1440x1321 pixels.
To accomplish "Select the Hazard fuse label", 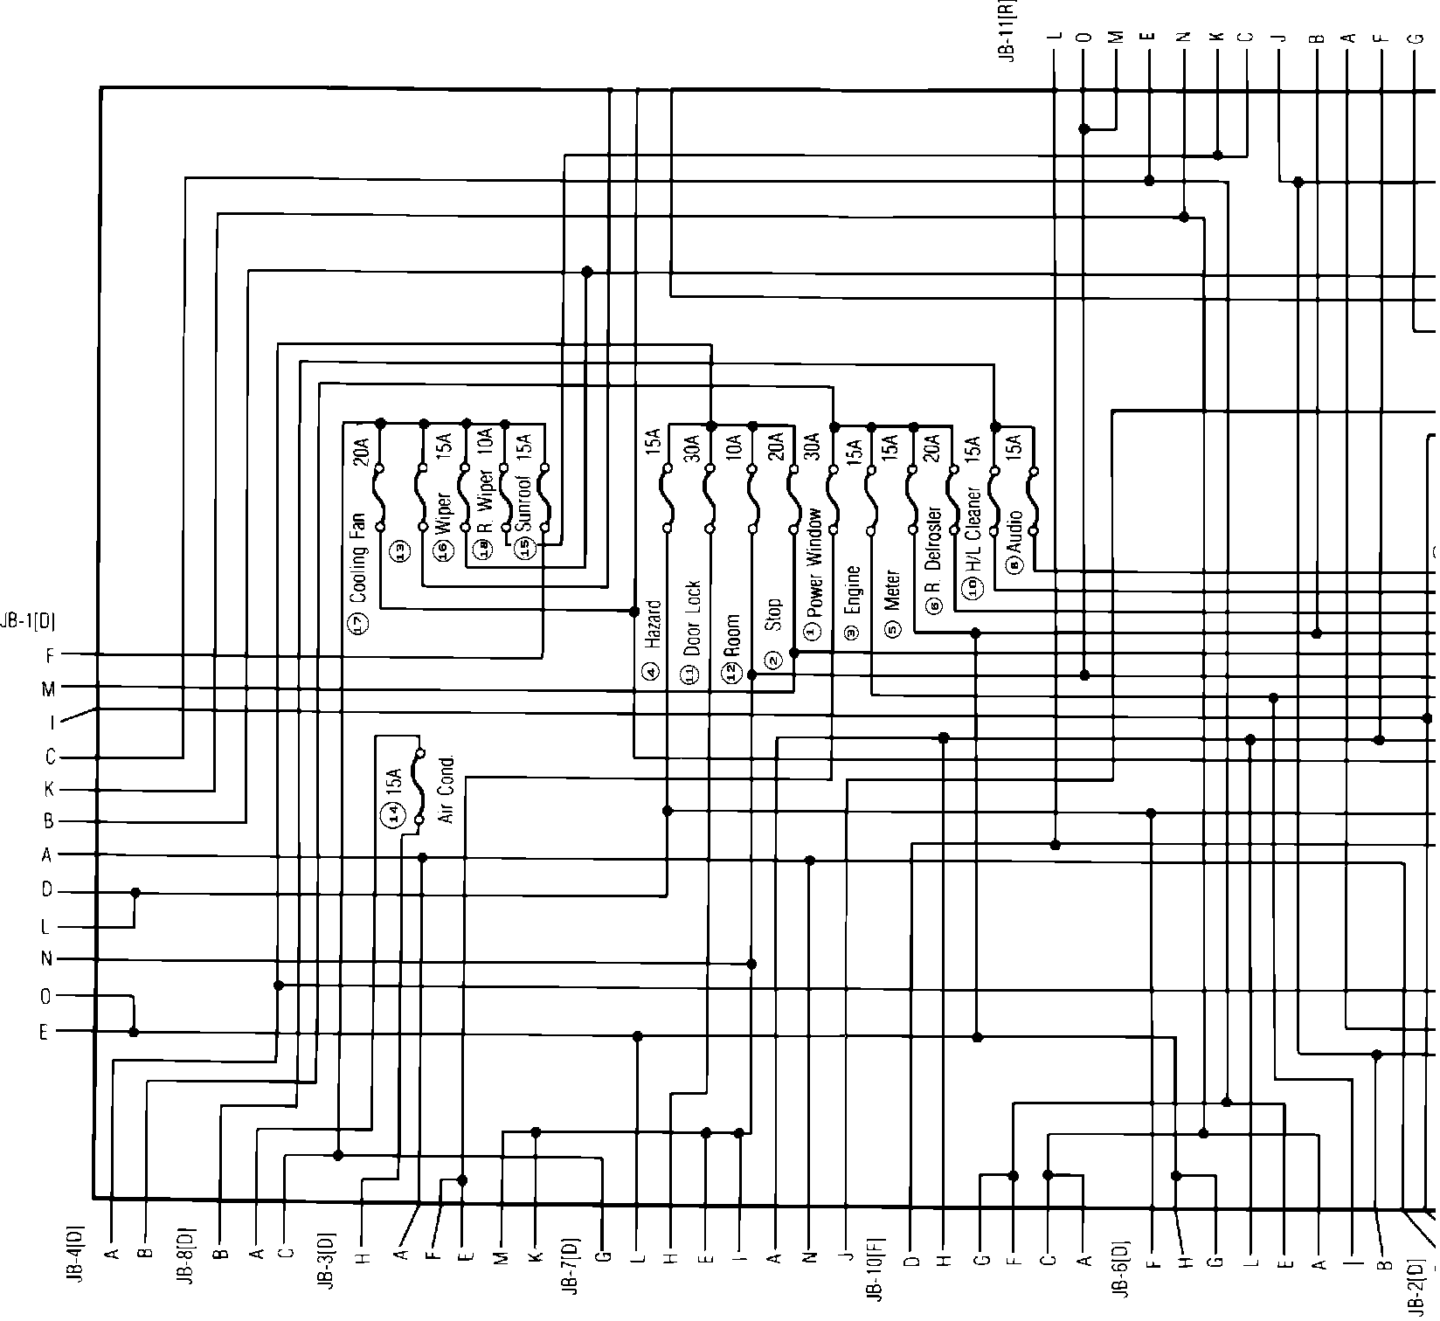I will (x=653, y=624).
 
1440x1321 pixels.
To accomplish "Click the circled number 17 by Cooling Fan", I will (x=359, y=623).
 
